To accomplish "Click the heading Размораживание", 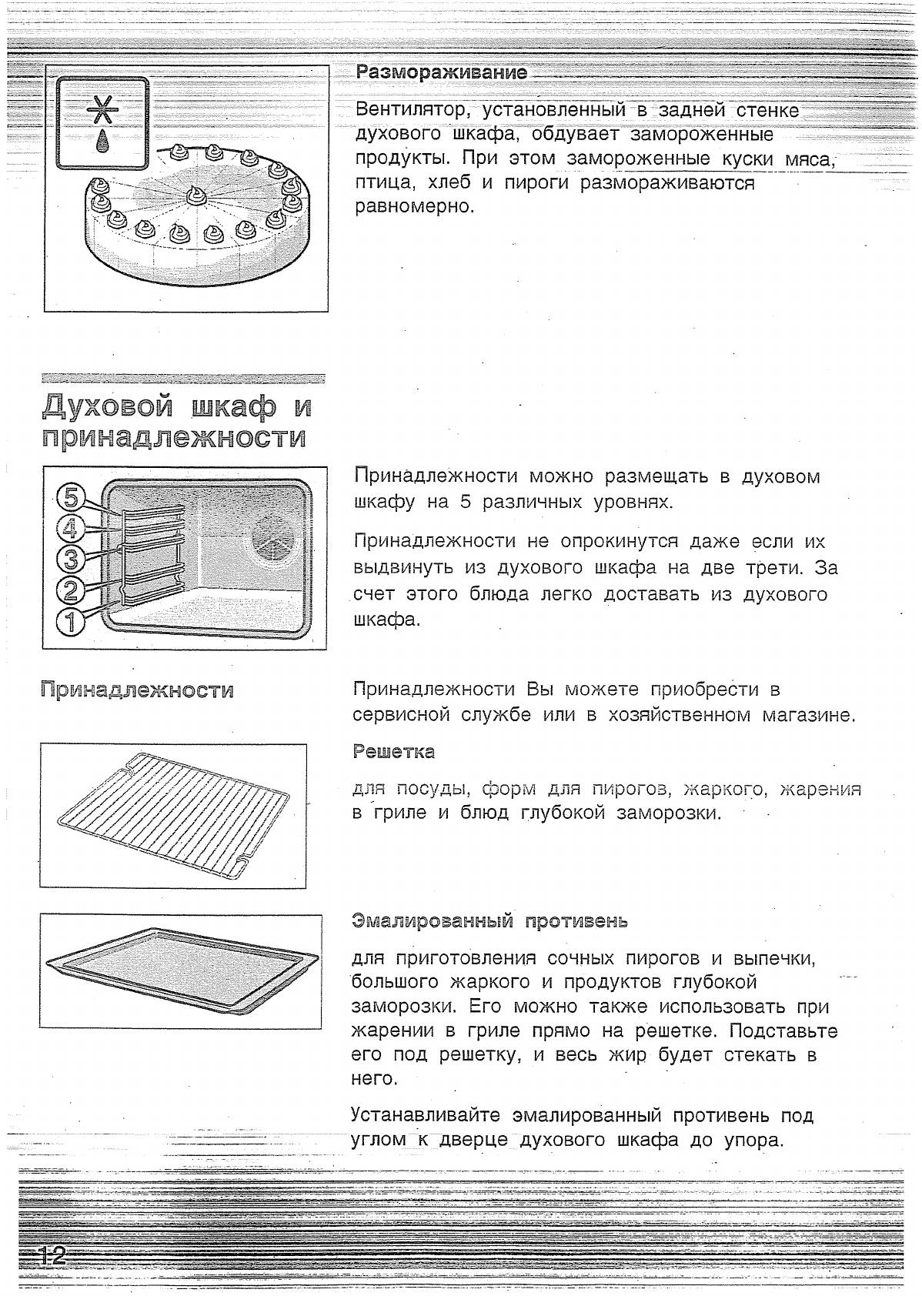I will (x=441, y=72).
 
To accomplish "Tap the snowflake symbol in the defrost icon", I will (x=100, y=112).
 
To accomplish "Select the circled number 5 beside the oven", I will (x=71, y=498).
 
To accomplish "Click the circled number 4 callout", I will (x=71, y=528).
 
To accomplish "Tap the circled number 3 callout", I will (x=71, y=559).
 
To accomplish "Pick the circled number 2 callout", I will (x=71, y=590).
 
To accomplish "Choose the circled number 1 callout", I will (x=71, y=620).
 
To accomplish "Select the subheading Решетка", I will (x=393, y=752).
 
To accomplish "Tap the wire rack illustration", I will (x=173, y=816).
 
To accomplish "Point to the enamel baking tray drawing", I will (x=182, y=970).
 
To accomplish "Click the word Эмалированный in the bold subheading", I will (x=432, y=920).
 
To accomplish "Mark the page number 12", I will (x=52, y=1258).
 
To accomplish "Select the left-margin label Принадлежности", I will (x=136, y=690).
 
